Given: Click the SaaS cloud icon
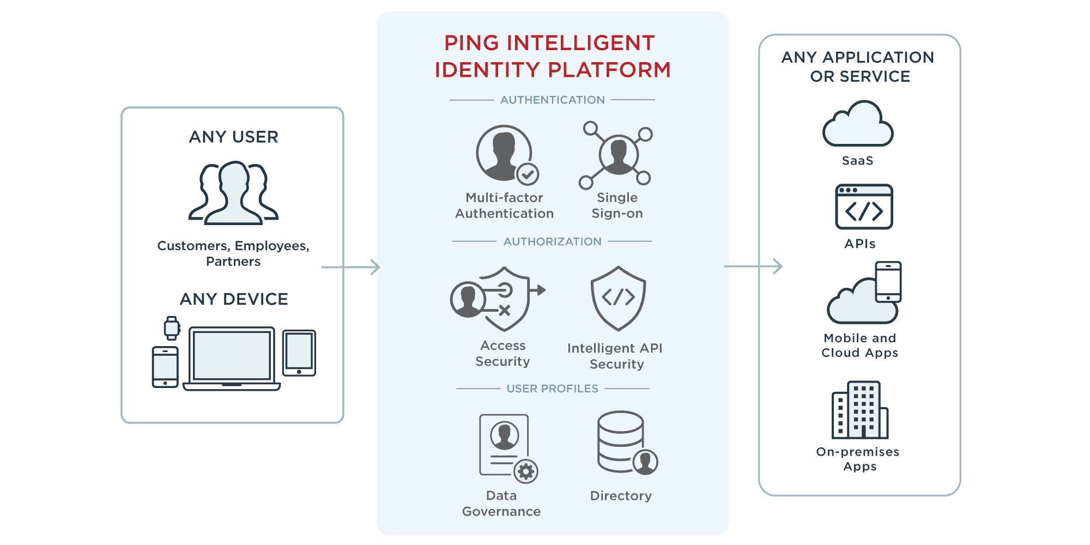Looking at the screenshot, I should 858,124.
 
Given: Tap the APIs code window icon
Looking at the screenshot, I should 864,207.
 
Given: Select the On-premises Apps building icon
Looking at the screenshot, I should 859,410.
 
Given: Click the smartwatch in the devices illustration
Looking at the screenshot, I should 172,328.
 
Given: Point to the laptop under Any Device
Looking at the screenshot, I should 232,359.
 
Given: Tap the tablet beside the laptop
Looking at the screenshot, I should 299,353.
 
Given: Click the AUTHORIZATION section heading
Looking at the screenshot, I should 552,241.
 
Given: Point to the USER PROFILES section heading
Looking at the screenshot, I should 552,389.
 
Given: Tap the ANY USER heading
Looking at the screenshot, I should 233,137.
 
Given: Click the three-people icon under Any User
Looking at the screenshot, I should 233,193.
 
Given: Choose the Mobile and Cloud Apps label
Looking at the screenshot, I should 859,346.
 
